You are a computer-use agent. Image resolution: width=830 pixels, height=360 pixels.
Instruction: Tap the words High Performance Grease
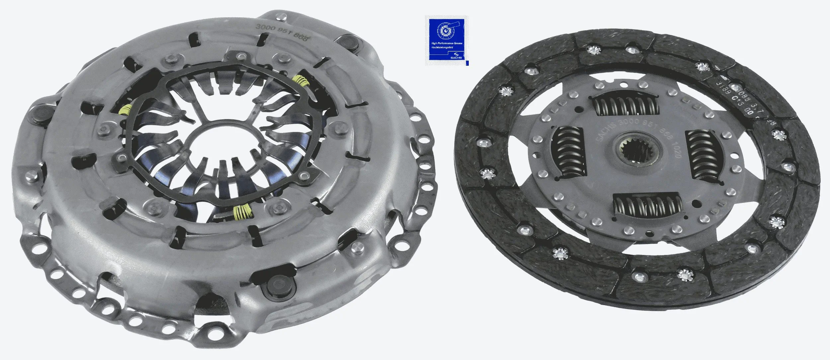(446, 44)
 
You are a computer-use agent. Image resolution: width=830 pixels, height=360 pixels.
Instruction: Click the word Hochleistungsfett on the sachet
(442, 48)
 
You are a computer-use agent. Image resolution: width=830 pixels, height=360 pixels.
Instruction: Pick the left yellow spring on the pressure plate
(126, 110)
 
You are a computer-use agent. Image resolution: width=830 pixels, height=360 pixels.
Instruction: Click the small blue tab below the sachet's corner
(467, 63)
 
